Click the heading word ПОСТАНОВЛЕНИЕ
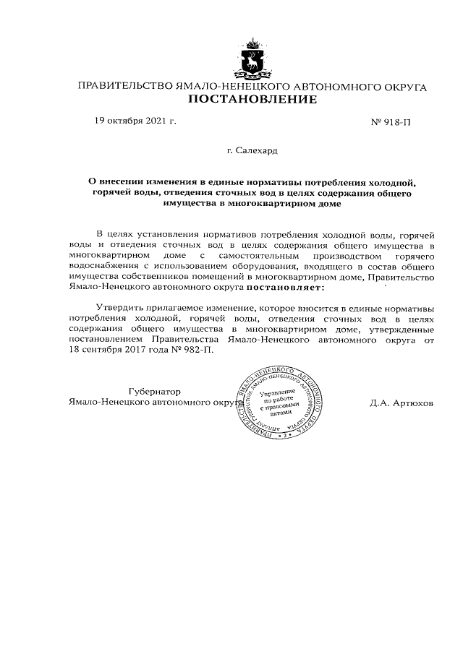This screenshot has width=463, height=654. (x=252, y=99)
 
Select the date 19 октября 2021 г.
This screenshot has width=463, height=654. (x=135, y=121)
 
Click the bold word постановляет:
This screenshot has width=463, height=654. (x=287, y=288)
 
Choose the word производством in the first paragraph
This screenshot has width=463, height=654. (x=332, y=256)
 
